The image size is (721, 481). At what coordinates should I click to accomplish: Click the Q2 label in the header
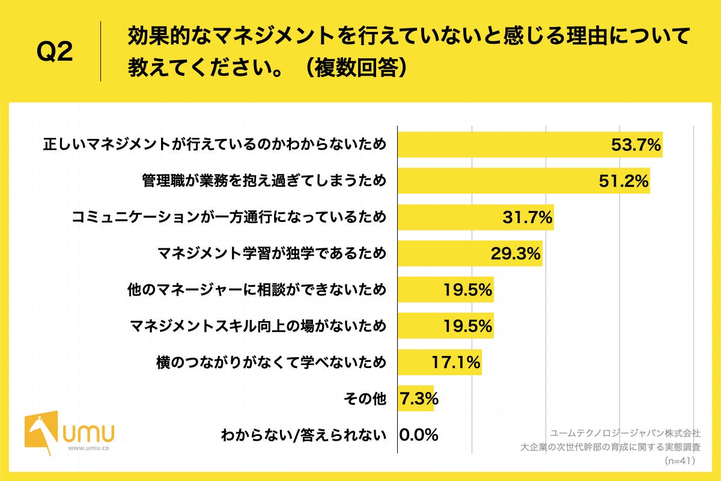pos(55,52)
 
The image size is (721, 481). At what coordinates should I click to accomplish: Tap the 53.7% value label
pos(636,145)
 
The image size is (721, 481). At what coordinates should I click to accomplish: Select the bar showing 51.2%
pos(523,181)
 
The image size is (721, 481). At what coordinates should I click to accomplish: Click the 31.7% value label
pos(527,217)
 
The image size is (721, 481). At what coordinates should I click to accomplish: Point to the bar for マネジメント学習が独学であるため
pos(469,254)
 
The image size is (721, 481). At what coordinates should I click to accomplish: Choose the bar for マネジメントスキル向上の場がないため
pos(445,326)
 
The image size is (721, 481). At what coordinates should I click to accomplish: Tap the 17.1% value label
pos(455,362)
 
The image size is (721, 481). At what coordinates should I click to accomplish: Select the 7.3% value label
pos(418,398)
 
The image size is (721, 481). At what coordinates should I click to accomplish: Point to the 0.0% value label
pos(419,434)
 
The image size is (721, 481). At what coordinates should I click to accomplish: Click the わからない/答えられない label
pos(303,434)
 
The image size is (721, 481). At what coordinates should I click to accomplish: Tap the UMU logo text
pos(91,432)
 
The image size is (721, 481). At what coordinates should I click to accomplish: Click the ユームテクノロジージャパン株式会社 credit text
pos(625,432)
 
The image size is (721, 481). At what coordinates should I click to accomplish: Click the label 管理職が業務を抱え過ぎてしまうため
pos(264,181)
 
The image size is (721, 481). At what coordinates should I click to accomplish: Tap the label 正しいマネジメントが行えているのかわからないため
pos(214,145)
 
